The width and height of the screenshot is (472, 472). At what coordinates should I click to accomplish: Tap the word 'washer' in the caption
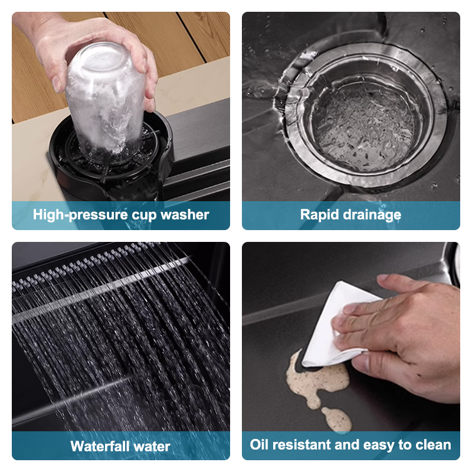[186, 215]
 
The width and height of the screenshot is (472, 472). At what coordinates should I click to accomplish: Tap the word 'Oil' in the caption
[260, 444]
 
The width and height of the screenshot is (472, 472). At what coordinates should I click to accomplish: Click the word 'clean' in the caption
[432, 444]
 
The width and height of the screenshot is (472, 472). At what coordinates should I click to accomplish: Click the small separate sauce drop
[337, 419]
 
